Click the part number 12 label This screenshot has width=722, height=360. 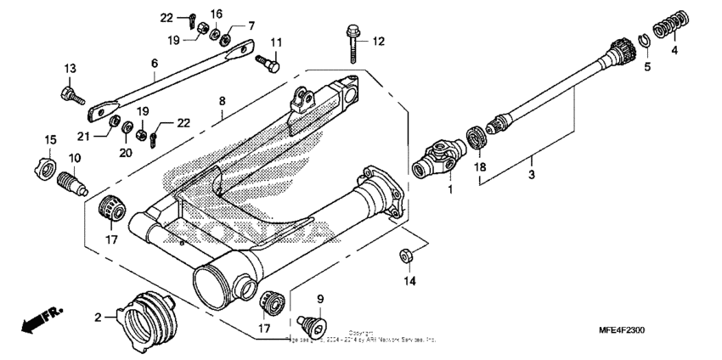[x=379, y=40]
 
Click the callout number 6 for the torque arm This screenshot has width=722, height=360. [x=155, y=63]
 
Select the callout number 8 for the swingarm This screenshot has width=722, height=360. [x=221, y=100]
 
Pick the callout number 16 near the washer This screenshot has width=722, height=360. [x=216, y=14]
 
